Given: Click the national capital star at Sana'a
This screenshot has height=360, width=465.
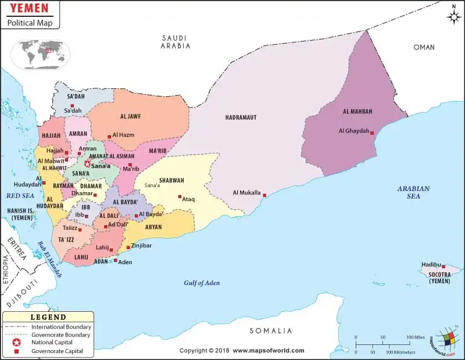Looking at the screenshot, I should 88,164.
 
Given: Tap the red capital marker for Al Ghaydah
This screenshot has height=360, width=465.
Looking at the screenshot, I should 372,133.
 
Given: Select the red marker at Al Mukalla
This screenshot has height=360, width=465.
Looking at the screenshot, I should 264,195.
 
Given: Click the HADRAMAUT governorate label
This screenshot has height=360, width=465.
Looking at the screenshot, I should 241,118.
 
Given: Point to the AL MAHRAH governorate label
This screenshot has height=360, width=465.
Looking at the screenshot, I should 357,111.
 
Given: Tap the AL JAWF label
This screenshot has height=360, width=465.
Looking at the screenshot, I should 131,116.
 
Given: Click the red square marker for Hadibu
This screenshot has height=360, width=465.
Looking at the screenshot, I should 443,267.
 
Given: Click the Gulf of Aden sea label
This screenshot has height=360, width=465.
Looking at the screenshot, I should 202,283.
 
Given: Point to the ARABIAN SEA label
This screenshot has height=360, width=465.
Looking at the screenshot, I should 413,192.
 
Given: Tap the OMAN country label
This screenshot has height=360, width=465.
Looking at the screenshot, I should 424,48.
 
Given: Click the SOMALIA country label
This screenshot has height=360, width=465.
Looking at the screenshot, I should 270,330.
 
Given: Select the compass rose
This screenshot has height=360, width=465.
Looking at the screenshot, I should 453,17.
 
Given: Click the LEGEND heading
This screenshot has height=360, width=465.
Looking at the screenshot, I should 48,317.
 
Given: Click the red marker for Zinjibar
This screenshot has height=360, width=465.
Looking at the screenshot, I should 128,247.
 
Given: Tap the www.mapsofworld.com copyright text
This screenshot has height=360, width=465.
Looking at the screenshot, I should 269,351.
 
